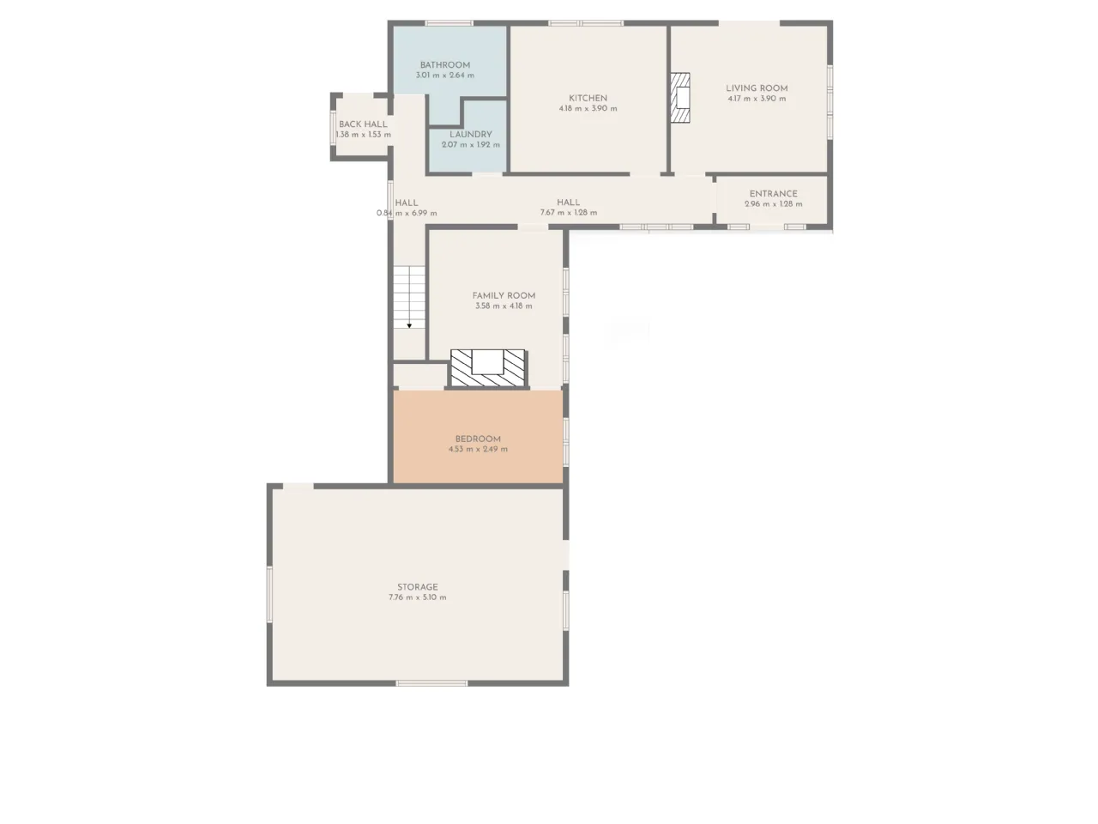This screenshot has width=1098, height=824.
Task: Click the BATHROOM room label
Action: point(444,65)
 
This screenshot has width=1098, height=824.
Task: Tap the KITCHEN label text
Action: point(588,98)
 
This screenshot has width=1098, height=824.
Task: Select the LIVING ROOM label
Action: point(757,88)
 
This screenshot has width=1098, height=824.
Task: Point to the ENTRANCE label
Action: point(774,194)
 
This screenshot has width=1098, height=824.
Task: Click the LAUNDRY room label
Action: point(471,134)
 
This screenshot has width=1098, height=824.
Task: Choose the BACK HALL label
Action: point(363,124)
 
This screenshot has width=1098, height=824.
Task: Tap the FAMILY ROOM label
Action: point(504,295)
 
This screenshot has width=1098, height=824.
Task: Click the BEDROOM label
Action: point(478,439)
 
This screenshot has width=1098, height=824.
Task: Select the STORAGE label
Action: point(418,587)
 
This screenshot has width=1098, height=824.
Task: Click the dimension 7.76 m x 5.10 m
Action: point(418,597)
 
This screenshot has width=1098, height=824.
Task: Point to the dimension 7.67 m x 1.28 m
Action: point(568,213)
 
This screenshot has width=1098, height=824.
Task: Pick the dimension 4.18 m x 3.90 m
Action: point(588,108)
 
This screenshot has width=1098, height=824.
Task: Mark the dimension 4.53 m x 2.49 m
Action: point(478,449)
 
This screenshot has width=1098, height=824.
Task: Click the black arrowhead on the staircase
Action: point(409,325)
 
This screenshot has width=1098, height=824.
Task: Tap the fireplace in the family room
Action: point(488,368)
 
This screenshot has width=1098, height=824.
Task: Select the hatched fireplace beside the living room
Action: point(679,98)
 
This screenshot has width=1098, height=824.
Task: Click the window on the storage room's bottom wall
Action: point(431,683)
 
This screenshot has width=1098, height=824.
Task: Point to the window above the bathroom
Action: point(449,23)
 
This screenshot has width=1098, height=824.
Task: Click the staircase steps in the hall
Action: point(409,297)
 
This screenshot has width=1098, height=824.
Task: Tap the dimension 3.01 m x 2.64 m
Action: point(444,76)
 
